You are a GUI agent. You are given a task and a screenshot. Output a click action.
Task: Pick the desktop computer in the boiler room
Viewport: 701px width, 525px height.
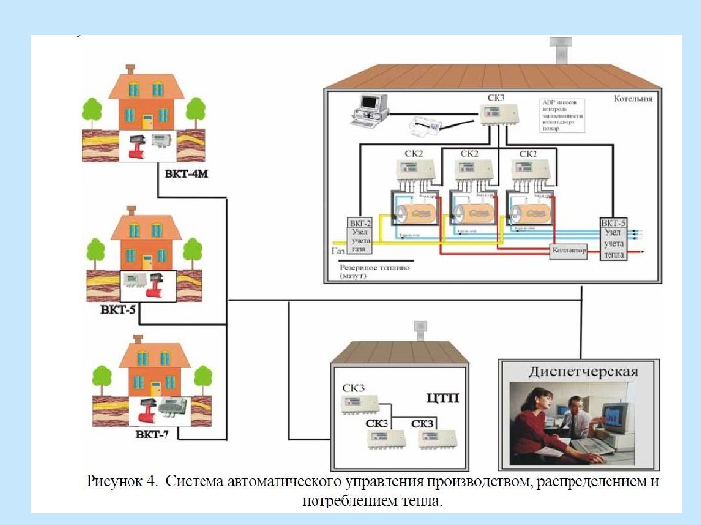[368, 108]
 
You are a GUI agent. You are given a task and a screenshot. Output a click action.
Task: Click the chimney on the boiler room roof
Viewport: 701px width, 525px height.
[564, 52]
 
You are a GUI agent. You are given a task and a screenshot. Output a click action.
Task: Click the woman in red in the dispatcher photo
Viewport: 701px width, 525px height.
[536, 424]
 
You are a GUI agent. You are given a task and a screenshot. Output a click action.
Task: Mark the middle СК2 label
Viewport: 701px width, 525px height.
[469, 154]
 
